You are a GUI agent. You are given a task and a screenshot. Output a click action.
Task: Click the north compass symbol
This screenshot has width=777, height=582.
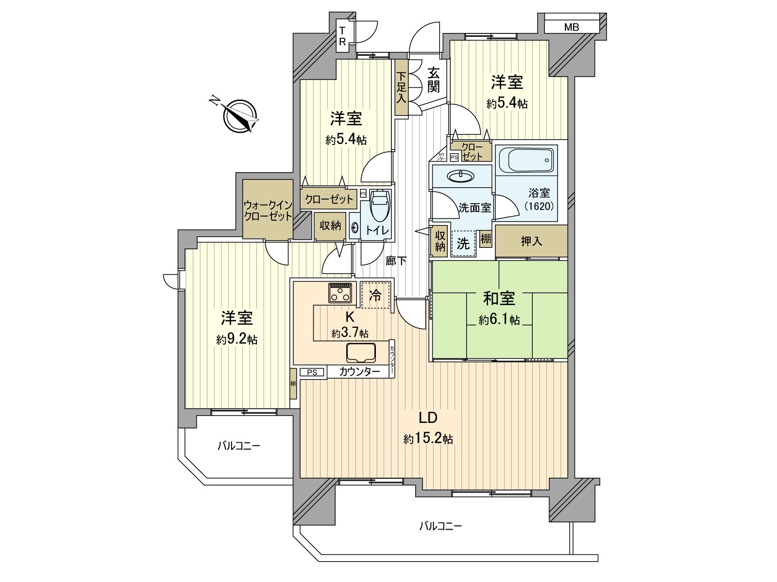coord(240,116)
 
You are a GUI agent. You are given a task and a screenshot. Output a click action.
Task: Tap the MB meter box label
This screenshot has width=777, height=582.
coord(571,27)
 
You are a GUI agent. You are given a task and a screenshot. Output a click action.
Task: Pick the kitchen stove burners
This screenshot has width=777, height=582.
coord(340,292)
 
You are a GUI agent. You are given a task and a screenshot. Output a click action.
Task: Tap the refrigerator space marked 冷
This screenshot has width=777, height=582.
coord(375,295)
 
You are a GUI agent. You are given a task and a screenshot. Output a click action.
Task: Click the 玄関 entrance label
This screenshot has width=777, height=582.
coord(433,80)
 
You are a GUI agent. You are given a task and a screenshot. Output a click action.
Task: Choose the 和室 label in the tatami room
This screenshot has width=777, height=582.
coord(499,299)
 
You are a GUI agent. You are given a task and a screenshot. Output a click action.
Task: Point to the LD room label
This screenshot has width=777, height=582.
coord(428,418)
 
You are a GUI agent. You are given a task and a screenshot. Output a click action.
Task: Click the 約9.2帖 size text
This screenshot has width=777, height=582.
coord(237,340)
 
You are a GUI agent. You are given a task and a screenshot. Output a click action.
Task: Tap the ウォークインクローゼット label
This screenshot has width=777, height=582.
coord(268,210)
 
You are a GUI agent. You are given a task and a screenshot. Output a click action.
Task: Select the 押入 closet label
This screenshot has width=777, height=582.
coord(531,242)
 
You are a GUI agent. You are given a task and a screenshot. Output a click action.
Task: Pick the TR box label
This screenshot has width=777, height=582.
coord(342,36)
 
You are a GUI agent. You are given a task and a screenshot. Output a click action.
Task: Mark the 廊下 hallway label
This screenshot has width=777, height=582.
coord(396,261)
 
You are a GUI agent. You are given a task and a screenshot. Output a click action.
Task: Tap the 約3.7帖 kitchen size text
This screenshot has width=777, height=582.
coord(350,333)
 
